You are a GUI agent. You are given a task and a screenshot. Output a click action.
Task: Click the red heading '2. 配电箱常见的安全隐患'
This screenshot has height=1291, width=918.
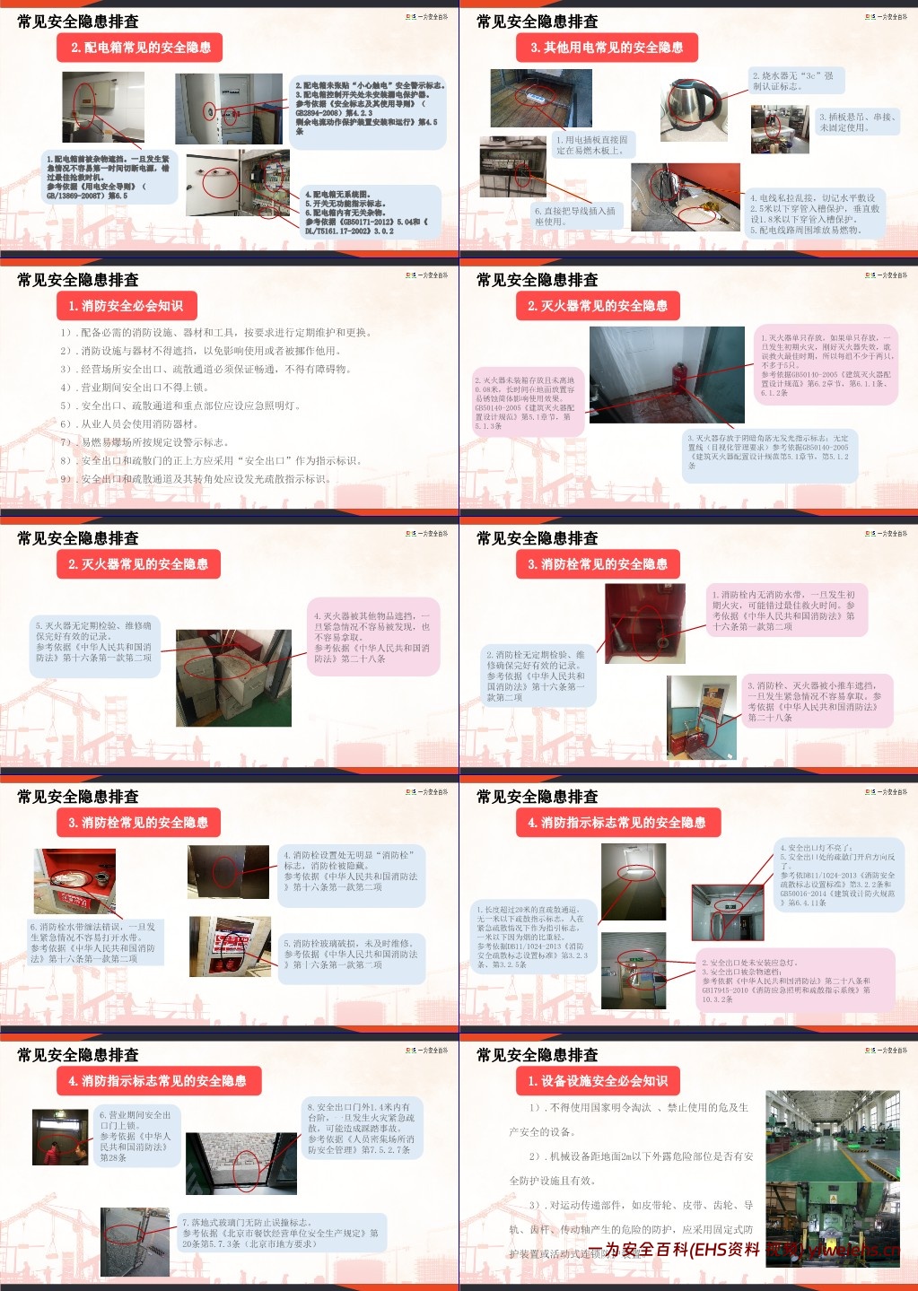(142, 48)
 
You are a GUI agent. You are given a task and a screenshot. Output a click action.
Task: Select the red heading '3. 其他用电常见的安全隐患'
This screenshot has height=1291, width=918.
(607, 48)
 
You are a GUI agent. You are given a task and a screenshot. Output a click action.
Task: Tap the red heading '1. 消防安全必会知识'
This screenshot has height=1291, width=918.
(126, 306)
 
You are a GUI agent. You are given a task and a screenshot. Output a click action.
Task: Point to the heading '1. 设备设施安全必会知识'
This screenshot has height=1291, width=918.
(598, 1081)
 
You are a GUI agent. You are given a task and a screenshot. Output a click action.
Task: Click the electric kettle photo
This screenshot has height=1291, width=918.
(695, 109)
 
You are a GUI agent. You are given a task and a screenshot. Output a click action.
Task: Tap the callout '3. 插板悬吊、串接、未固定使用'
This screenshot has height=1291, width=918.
(856, 122)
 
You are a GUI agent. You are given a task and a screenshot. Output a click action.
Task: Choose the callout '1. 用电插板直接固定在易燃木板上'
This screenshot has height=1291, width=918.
(593, 145)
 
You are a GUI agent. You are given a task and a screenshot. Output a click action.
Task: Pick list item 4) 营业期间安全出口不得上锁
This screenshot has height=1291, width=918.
(135, 388)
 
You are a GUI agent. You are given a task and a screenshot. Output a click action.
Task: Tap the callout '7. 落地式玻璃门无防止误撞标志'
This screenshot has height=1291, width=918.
(282, 1233)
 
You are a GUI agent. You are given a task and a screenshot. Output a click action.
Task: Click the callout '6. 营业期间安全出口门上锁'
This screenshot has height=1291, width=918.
(136, 1136)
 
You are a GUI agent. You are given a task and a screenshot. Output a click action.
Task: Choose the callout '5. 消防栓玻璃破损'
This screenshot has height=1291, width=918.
(350, 955)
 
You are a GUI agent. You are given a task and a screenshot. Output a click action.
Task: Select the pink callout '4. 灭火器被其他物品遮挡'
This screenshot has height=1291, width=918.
(372, 637)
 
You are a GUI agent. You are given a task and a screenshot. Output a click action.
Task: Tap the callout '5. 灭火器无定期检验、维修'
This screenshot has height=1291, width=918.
(94, 641)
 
